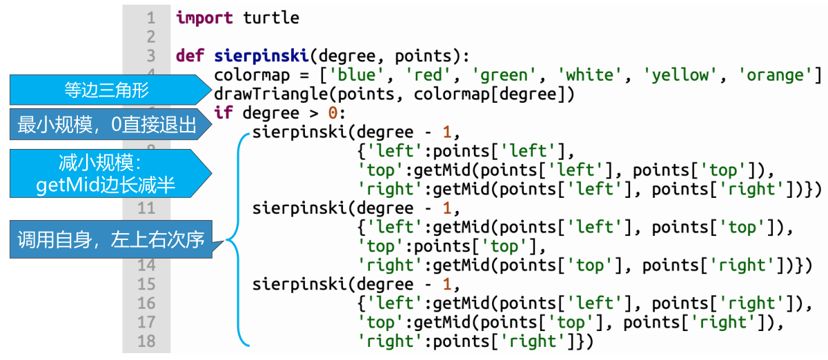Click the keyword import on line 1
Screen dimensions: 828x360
(205, 18)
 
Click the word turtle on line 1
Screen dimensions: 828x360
(271, 18)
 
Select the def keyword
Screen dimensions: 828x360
(190, 56)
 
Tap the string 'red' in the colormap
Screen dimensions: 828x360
(423, 75)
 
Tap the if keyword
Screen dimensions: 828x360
(224, 113)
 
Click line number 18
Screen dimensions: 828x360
(146, 341)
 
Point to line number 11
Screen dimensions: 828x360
(146, 208)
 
